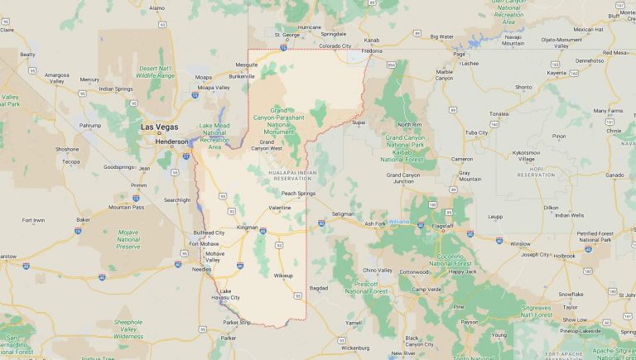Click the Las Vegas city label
(x=160, y=127)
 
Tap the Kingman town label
(x=248, y=227)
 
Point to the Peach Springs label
(x=298, y=194)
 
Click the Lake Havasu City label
(x=230, y=295)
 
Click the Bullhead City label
(x=209, y=233)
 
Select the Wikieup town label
(x=283, y=275)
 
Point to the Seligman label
(x=343, y=214)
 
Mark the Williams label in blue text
(x=398, y=222)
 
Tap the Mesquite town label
(x=247, y=65)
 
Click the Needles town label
(x=202, y=270)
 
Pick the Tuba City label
(x=476, y=132)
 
